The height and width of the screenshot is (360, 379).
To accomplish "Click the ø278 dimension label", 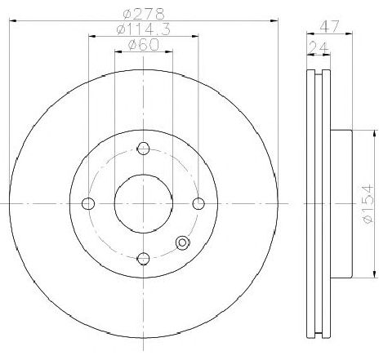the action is tap(144, 14).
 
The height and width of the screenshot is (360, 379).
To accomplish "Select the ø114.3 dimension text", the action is tap(144, 29).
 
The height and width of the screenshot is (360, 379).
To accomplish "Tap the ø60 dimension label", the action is tap(144, 44).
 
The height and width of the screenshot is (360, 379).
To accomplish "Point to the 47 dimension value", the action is tap(329, 26).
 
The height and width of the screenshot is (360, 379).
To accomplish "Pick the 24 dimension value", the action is tap(319, 48).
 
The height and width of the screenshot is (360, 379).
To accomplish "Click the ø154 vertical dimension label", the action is tap(368, 204).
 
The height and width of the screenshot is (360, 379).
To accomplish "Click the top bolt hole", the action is tap(143, 149).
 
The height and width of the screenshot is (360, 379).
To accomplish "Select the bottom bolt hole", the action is tap(144, 258).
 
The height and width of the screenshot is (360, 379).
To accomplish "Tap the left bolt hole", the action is tap(88, 203).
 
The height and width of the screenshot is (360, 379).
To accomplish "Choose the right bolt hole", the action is tap(198, 203).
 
